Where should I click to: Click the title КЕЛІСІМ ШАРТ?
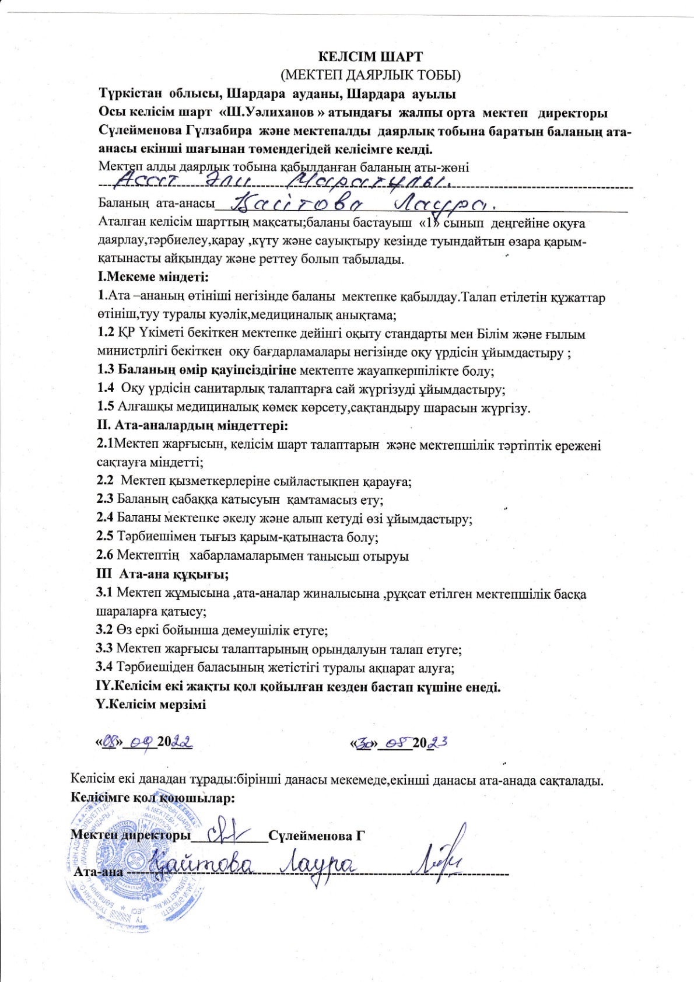coord(370,57)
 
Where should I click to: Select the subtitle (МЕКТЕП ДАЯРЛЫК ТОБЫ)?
coord(370,75)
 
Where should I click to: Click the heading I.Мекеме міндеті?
coord(153,278)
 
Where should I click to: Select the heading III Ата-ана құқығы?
coord(162,574)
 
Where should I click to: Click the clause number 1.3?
coord(106,370)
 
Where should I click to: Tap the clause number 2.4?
coord(105,518)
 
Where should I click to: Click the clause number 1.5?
coord(106,407)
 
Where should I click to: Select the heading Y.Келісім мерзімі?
coord(150,704)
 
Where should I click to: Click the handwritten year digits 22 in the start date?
coord(181,742)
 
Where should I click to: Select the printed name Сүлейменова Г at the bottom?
coord(317,836)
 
